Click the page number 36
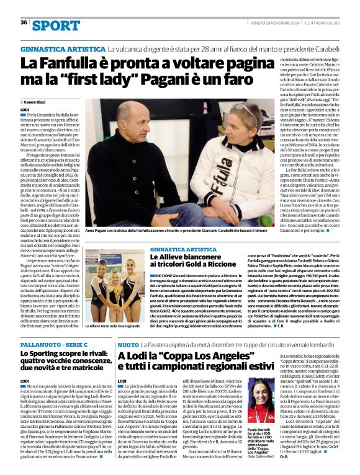click(x=24, y=22)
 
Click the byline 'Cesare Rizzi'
click(x=38, y=101)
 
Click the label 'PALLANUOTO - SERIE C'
click(x=49, y=344)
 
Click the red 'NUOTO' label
click(x=128, y=344)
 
